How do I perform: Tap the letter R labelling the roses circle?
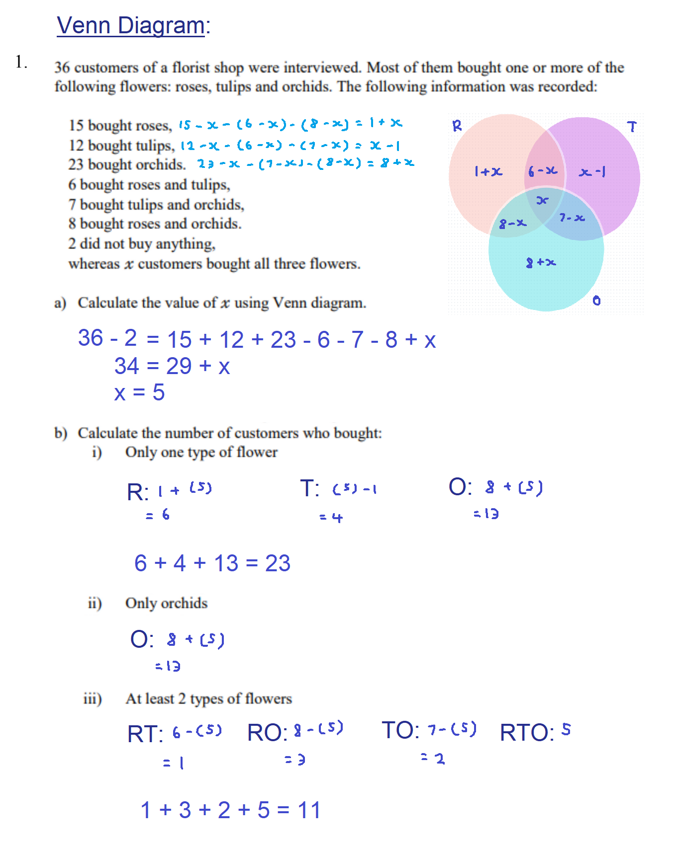tap(457, 126)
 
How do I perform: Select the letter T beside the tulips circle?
tap(632, 127)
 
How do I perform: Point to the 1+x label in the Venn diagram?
tap(488, 171)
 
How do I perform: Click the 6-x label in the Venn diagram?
tap(542, 171)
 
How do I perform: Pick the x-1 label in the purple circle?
tap(592, 172)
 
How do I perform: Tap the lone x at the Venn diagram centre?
tap(542, 200)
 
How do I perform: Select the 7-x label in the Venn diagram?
tap(572, 218)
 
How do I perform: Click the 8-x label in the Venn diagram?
tap(512, 224)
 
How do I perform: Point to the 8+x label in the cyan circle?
tap(541, 262)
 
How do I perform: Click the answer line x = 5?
tap(139, 392)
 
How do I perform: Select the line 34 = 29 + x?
tap(172, 366)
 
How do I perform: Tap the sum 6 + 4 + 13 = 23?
tap(212, 563)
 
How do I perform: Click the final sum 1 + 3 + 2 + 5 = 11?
tap(230, 810)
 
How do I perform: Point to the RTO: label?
tap(527, 733)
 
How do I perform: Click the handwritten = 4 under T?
tap(331, 518)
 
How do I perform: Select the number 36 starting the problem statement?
tap(62, 68)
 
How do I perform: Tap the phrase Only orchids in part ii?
tap(166, 603)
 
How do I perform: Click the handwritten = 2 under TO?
tap(433, 759)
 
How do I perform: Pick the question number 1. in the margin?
tap(21, 62)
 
